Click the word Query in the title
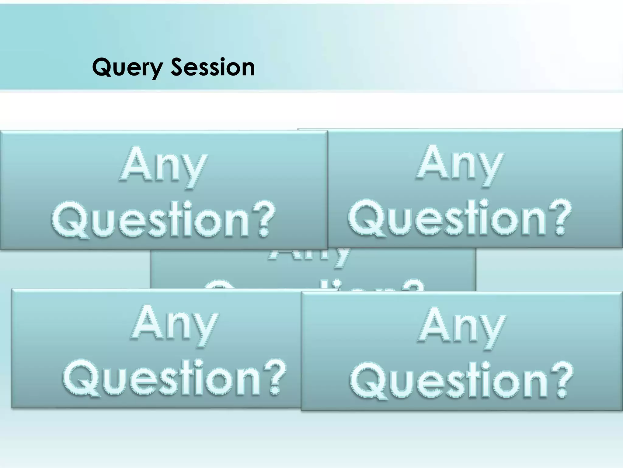pyautogui.click(x=127, y=68)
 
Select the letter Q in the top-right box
pyautogui.click(x=366, y=218)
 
